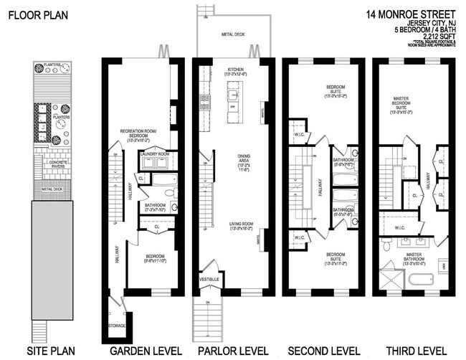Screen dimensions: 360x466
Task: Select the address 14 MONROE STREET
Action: pyautogui.click(x=409, y=13)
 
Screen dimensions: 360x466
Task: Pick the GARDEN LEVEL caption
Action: pyautogui.click(x=140, y=351)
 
